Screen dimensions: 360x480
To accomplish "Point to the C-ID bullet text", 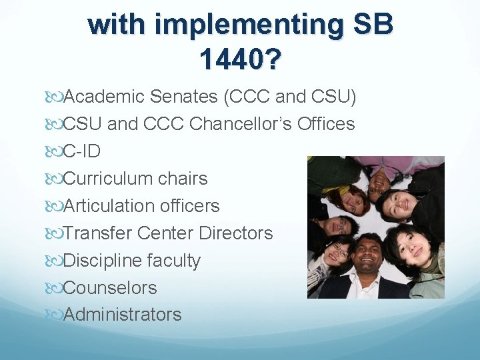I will [x=82, y=151].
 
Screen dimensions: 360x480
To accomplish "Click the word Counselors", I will [x=110, y=288].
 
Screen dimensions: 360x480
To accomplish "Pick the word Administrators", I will [x=122, y=315].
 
